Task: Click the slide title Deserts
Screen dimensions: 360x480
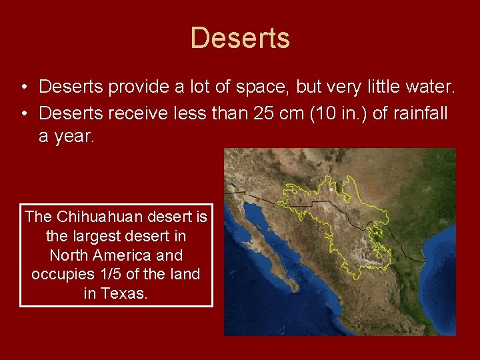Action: [x=240, y=38]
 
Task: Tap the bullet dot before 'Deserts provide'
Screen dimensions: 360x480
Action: [x=23, y=87]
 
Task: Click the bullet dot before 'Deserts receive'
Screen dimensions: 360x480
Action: [x=23, y=114]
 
